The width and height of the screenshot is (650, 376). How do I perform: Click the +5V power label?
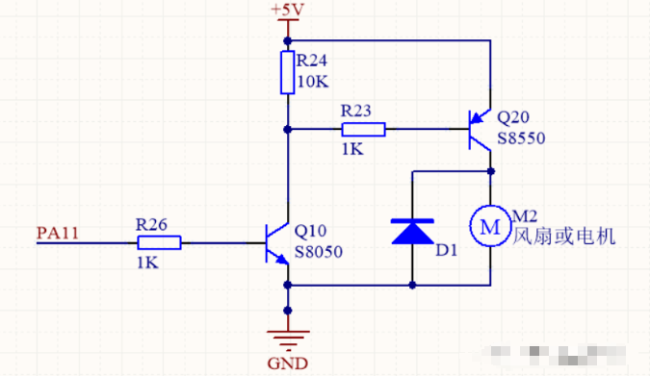(x=287, y=11)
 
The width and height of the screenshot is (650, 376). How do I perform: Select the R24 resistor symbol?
(x=287, y=73)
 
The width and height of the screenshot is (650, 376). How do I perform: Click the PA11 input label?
(x=57, y=232)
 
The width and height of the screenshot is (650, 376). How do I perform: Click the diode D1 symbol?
(x=412, y=232)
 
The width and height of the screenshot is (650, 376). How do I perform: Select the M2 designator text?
(x=525, y=217)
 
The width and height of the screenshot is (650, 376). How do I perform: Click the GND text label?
(x=287, y=363)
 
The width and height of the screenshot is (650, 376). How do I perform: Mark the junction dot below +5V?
(x=287, y=40)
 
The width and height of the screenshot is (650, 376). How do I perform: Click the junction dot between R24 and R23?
(x=287, y=129)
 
